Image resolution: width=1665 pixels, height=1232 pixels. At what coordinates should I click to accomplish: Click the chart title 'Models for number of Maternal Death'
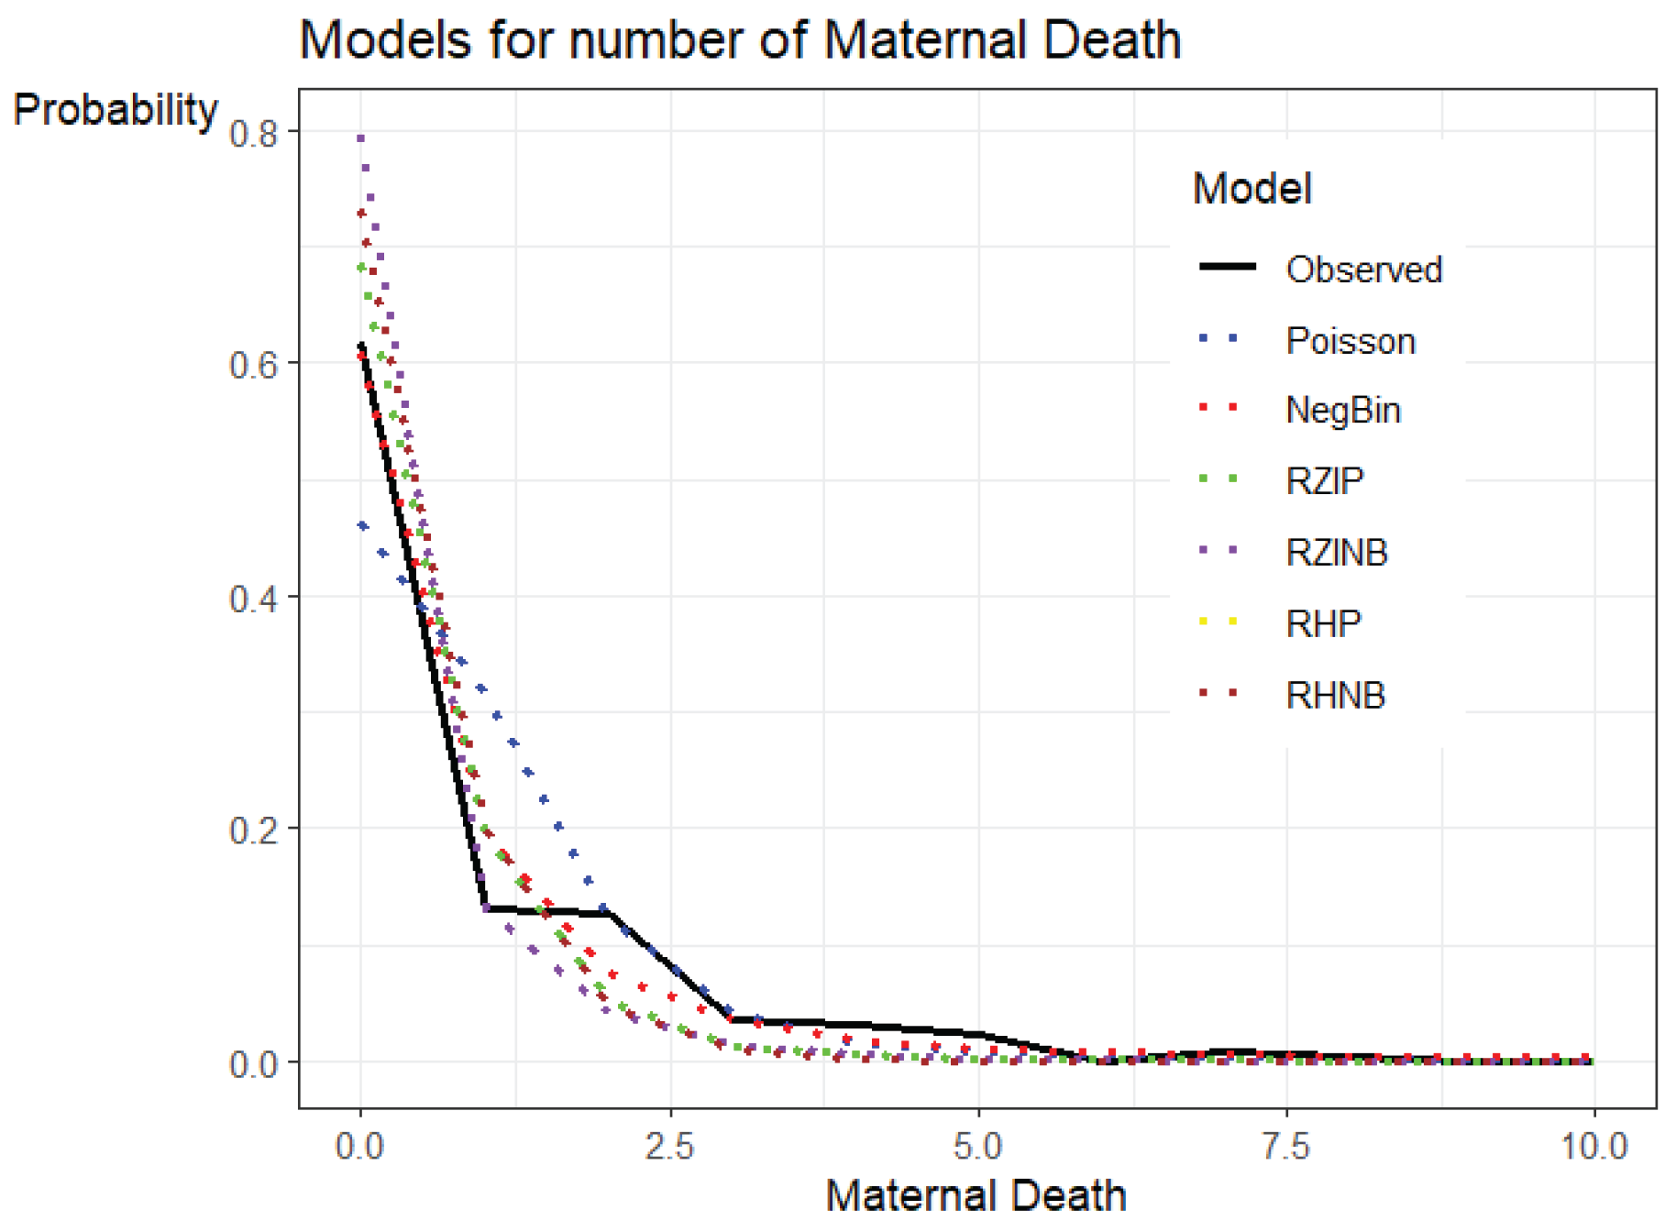[x=739, y=40]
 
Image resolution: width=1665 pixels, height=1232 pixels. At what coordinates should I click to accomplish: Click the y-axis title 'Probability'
[x=116, y=110]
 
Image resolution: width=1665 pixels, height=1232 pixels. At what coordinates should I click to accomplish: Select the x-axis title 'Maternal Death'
[x=976, y=1195]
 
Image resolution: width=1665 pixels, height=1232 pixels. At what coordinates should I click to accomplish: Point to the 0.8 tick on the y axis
[x=253, y=134]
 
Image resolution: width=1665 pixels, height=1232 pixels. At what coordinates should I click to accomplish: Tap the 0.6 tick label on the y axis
[x=253, y=365]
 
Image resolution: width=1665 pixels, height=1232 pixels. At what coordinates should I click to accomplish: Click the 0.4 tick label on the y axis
[x=253, y=599]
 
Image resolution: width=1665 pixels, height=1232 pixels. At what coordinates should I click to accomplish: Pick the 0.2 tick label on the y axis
[x=253, y=831]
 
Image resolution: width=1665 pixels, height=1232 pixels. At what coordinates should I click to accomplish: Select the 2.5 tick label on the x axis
[x=669, y=1147]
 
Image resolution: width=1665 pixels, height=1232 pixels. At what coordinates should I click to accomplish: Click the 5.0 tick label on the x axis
[x=978, y=1147]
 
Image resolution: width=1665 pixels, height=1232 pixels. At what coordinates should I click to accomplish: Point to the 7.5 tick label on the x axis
[x=1286, y=1147]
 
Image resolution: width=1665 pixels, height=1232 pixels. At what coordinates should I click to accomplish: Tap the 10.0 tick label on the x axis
[x=1593, y=1147]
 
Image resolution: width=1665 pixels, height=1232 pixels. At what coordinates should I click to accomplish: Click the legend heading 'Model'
[x=1252, y=189]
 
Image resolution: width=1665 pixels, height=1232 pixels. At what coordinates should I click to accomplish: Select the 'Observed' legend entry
[x=1363, y=269]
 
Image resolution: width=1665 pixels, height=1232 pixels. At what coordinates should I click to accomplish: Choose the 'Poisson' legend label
[x=1351, y=341]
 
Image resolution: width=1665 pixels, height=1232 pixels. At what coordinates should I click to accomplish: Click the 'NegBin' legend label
[x=1343, y=410]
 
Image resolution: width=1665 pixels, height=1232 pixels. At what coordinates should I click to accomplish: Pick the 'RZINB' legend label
[x=1337, y=553]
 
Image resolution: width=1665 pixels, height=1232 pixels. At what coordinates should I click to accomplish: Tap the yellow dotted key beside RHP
[x=1218, y=621]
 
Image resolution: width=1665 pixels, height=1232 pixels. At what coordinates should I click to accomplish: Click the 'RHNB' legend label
[x=1335, y=696]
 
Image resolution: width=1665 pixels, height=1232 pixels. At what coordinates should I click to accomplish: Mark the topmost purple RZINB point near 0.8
[x=361, y=138]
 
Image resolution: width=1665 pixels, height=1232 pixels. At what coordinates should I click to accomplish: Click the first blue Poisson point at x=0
[x=363, y=526]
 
